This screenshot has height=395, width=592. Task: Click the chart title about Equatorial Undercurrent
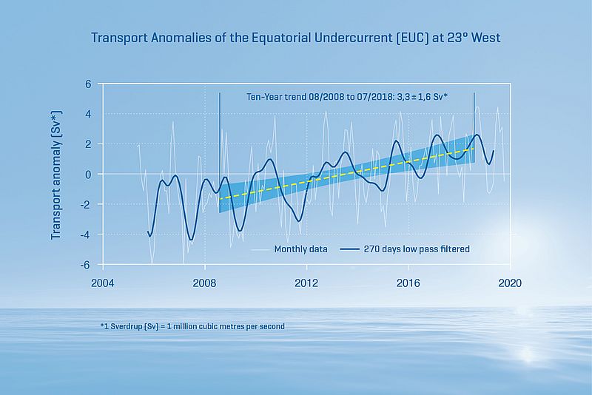pos(296,36)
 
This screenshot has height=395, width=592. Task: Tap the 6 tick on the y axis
pos(87,84)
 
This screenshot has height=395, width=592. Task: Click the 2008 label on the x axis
pos(204,283)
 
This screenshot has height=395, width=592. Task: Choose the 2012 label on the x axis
pos(306,283)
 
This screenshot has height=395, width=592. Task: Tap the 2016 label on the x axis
pos(408,283)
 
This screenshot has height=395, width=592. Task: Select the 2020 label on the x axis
pos(510,283)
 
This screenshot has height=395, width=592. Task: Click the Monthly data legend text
pos(300,249)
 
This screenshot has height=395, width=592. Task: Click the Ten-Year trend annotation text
pos(359,96)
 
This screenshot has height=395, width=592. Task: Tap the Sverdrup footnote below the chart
pos(192,325)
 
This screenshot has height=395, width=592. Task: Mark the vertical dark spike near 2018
pos(474,118)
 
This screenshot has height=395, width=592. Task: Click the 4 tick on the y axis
pos(87,115)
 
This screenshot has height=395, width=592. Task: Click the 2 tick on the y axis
pos(87,144)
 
